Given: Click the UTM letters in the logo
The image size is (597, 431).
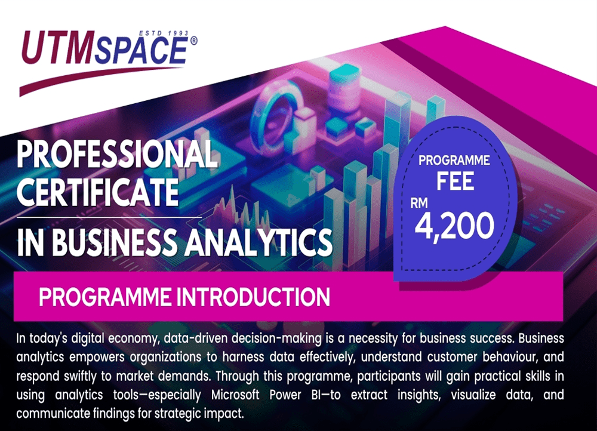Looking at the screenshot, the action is click(59, 47).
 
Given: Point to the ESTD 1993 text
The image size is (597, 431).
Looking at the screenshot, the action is click(164, 33).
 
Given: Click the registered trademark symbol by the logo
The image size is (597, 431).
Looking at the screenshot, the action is click(193, 41).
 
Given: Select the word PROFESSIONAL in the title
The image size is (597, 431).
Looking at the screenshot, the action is click(117, 153).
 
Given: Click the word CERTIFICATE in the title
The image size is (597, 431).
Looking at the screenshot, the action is click(98, 192).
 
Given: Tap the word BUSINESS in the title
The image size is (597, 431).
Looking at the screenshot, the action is click(114, 242).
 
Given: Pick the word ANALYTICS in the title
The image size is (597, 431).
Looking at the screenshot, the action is click(259, 242).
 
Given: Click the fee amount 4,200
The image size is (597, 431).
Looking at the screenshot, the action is click(454, 226).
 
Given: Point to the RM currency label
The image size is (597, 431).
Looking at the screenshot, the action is click(419, 204).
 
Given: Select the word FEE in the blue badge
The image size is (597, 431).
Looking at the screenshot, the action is click(455, 181).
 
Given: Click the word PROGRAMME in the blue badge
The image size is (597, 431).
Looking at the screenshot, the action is click(454, 161).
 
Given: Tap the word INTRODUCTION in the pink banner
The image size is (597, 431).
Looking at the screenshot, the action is click(253, 297).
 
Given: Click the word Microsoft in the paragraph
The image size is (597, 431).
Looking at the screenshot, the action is click(235, 395).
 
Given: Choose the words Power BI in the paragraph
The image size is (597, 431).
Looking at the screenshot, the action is click(296, 395).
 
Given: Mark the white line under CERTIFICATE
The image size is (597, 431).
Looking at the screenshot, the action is click(109, 217).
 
